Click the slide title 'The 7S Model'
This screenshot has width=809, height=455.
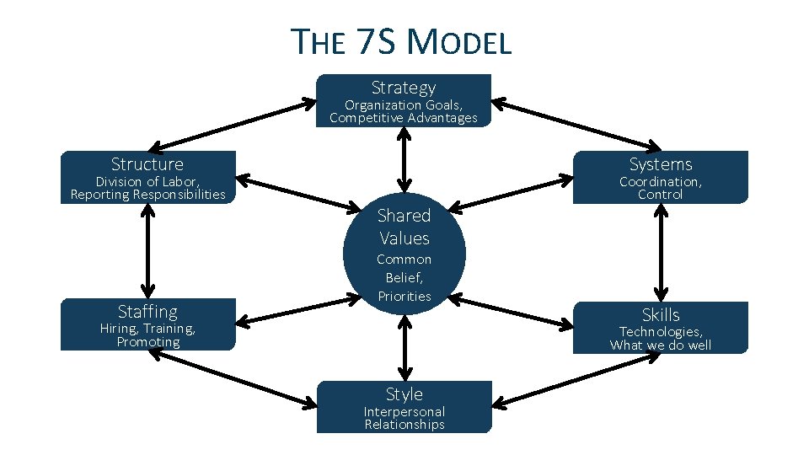tap(401, 41)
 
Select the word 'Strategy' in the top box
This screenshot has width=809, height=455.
tap(404, 88)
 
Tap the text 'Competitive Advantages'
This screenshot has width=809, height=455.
tap(404, 118)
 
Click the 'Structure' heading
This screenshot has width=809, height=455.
tap(147, 164)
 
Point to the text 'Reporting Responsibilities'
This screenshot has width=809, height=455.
tap(147, 195)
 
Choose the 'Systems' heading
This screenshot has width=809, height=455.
tap(661, 164)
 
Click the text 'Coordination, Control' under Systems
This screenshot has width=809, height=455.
tap(661, 188)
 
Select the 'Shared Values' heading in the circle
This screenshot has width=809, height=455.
tap(404, 227)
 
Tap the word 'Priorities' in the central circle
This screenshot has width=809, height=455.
tap(404, 296)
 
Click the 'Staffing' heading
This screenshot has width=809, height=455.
tap(147, 312)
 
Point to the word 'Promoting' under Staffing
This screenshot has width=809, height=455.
tap(147, 342)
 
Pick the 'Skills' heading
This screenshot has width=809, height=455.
tap(661, 315)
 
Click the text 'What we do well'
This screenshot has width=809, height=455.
tap(661, 345)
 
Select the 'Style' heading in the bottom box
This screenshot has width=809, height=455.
tap(404, 394)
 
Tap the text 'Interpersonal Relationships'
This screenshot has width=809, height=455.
tap(404, 418)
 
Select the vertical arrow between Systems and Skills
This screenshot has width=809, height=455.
tap(662, 252)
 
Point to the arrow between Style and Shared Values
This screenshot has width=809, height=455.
tap(404, 346)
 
